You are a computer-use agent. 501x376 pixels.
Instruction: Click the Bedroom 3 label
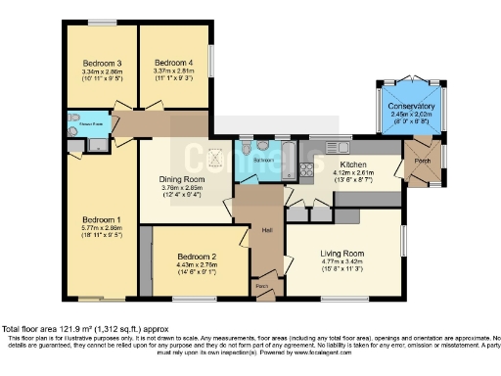(x=101, y=62)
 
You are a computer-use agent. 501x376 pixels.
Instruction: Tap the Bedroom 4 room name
(x=174, y=62)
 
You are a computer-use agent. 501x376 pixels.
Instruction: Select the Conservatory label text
(x=411, y=106)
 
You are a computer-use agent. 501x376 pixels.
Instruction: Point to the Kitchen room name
(x=352, y=164)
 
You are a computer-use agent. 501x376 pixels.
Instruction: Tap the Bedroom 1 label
(x=101, y=218)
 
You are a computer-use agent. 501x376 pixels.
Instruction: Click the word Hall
(x=266, y=231)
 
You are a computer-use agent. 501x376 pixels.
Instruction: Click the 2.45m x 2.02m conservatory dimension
(x=411, y=115)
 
